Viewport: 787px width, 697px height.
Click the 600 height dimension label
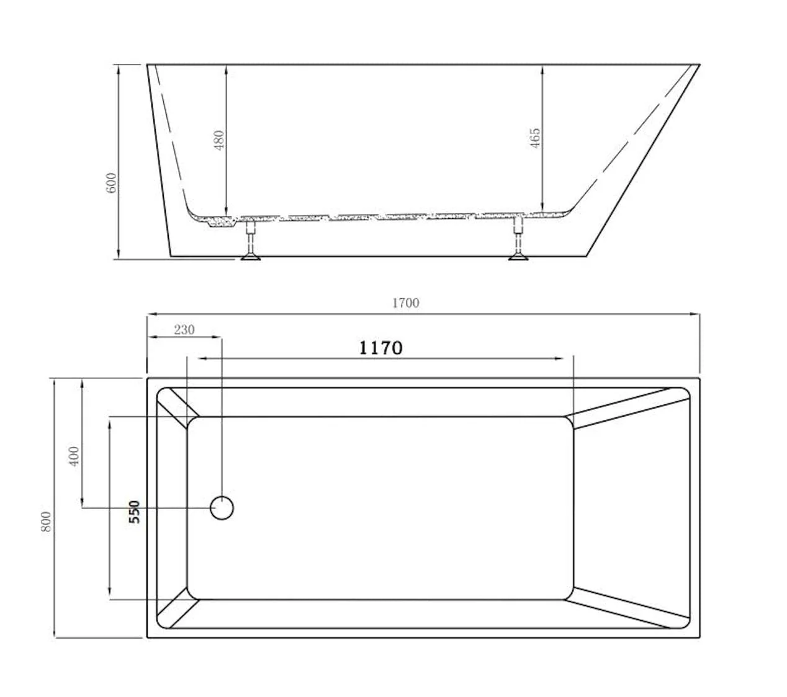111,182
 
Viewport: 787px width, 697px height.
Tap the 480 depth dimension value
218,140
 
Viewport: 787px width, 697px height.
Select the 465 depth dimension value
535,138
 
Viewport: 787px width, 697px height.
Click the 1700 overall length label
405,303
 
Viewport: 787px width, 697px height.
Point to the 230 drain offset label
184,329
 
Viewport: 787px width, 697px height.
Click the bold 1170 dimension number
380,348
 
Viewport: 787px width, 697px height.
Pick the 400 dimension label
74,456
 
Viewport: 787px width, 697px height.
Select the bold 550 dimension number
134,512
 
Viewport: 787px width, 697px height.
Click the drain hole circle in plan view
222,508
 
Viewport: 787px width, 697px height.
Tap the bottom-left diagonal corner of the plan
178,608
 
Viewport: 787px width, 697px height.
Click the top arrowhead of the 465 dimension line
542,69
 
